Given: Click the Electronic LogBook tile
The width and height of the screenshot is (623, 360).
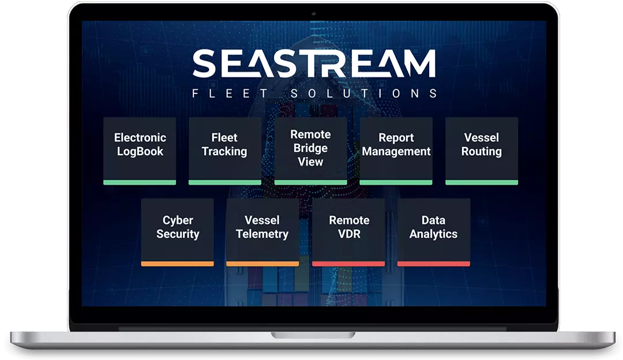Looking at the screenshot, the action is [x=140, y=151].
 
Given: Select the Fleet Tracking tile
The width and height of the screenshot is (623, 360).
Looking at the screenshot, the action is [x=225, y=151].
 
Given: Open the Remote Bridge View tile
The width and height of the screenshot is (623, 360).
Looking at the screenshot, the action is [x=311, y=151].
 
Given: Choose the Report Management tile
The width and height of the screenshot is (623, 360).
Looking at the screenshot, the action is [x=396, y=151].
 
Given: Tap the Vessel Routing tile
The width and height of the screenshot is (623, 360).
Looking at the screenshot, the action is [x=482, y=151].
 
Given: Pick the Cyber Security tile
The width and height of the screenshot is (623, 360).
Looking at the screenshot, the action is [x=177, y=232].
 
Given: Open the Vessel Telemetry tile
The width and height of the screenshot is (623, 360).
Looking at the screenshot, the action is [x=262, y=232].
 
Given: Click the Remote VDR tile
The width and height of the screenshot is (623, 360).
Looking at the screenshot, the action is [x=348, y=232].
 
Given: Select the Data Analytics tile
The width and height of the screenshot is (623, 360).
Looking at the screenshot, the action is [x=434, y=232].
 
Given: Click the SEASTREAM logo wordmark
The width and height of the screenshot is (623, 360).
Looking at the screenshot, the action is [x=314, y=63].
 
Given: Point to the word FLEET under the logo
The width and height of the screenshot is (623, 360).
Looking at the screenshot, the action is [x=230, y=93].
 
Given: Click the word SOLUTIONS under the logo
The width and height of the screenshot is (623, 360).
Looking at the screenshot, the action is [x=364, y=93].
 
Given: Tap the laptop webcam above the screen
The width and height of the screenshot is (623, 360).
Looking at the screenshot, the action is [x=313, y=13].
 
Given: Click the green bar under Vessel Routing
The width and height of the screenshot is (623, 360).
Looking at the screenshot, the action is [x=482, y=182].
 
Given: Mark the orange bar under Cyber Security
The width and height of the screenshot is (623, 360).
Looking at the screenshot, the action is [x=177, y=264].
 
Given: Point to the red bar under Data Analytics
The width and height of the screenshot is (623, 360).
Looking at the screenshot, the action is [x=434, y=264].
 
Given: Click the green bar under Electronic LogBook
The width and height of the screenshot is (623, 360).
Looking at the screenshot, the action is [x=140, y=182].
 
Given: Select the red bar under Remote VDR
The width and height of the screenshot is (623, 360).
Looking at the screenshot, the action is [x=348, y=264].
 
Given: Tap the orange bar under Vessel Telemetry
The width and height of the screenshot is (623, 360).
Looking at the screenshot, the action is [x=262, y=264].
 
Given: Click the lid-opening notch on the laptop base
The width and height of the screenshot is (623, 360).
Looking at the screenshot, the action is [x=313, y=335].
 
